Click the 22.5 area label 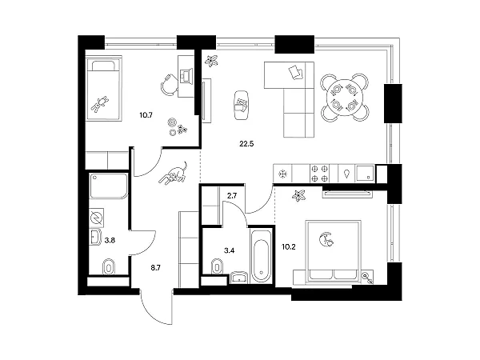[x=245, y=145]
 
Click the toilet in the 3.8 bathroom [x=110, y=266]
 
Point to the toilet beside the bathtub [x=215, y=266]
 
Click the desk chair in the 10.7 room [x=170, y=83]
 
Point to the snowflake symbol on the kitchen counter [x=282, y=174]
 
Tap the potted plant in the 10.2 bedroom [x=299, y=194]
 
